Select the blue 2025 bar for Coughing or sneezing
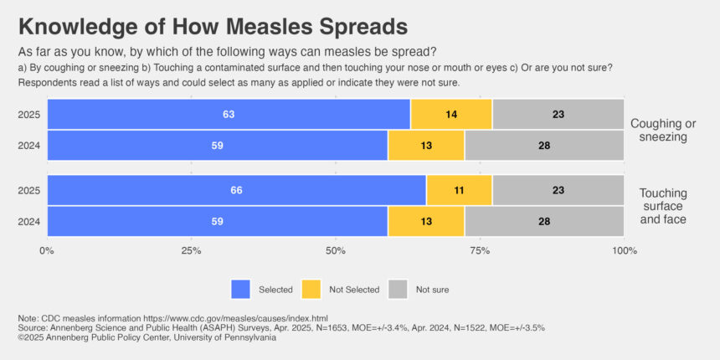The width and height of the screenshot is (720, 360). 229,114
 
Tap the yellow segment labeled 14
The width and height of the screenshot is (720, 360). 451,114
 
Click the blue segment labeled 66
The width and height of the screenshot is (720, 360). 236,190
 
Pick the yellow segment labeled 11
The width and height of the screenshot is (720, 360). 459,190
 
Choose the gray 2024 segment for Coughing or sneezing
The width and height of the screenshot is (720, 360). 543,145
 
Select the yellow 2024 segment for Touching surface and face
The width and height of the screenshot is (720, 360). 425,221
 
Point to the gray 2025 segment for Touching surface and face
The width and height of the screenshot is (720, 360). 558,190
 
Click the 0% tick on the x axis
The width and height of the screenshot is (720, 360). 47,250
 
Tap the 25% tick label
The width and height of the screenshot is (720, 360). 192,250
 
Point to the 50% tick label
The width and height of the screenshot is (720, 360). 336,250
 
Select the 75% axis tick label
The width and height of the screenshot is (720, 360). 480,250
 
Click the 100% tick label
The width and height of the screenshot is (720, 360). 624,250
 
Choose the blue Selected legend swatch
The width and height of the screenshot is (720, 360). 241,289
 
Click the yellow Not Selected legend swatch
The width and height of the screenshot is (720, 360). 311,289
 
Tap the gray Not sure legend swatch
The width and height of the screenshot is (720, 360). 398,289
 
